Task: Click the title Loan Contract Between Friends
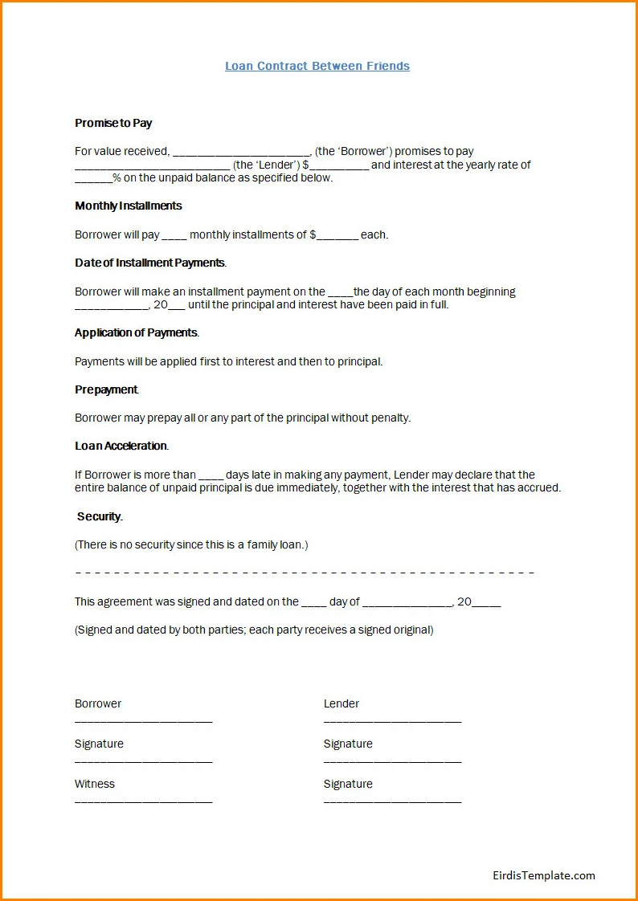(317, 66)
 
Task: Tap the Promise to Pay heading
(113, 123)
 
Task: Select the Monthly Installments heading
(129, 206)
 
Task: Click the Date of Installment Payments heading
(150, 263)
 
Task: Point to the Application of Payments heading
(136, 332)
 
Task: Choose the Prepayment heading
(106, 389)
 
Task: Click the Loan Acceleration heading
(121, 446)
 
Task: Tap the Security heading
(100, 516)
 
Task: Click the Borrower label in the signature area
(98, 703)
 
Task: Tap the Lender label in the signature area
(341, 703)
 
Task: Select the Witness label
(95, 784)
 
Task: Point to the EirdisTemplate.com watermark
(544, 875)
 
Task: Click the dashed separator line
(305, 573)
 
